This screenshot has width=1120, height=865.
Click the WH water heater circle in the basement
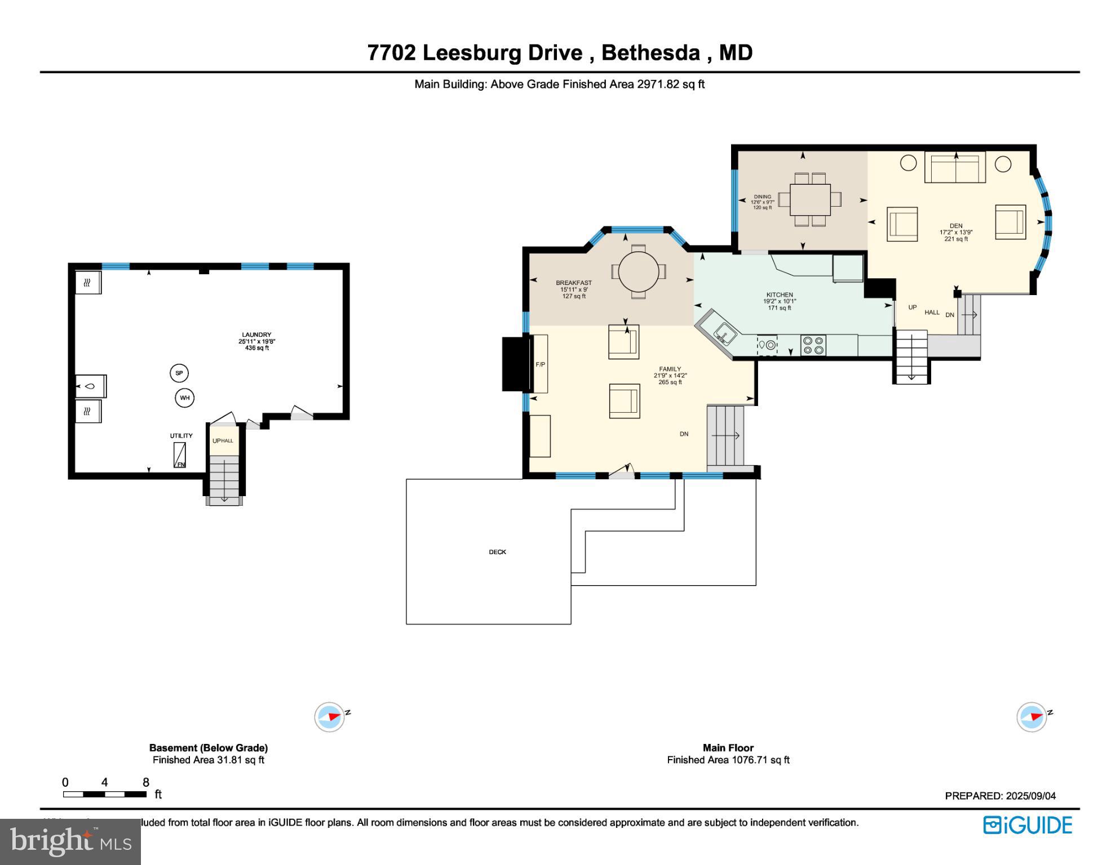pyautogui.click(x=184, y=398)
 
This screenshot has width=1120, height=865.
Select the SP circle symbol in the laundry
pyautogui.click(x=179, y=373)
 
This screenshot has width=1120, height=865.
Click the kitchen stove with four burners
pyautogui.click(x=813, y=345)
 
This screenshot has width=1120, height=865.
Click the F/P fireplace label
pyautogui.click(x=540, y=364)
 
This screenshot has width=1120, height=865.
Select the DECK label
pyautogui.click(x=497, y=552)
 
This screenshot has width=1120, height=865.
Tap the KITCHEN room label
pyautogui.click(x=780, y=295)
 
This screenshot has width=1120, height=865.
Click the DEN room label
pyautogui.click(x=956, y=226)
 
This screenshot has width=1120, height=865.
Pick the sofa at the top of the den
pyautogui.click(x=955, y=167)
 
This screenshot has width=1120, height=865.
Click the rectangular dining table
pyautogui.click(x=810, y=199)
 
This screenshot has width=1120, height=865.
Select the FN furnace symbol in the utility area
pyautogui.click(x=180, y=455)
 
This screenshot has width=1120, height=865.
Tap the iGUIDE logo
pyautogui.click(x=1028, y=825)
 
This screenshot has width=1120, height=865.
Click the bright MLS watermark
pyautogui.click(x=70, y=841)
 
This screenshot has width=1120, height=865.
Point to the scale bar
pyautogui.click(x=105, y=794)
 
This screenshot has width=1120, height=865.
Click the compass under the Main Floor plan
pyautogui.click(x=1032, y=717)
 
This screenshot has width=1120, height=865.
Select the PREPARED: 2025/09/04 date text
pyautogui.click(x=1000, y=796)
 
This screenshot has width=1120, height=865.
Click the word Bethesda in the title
pyautogui.click(x=650, y=52)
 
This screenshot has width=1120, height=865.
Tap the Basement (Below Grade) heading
pyautogui.click(x=208, y=748)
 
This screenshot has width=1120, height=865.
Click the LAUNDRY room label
pyautogui.click(x=256, y=335)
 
